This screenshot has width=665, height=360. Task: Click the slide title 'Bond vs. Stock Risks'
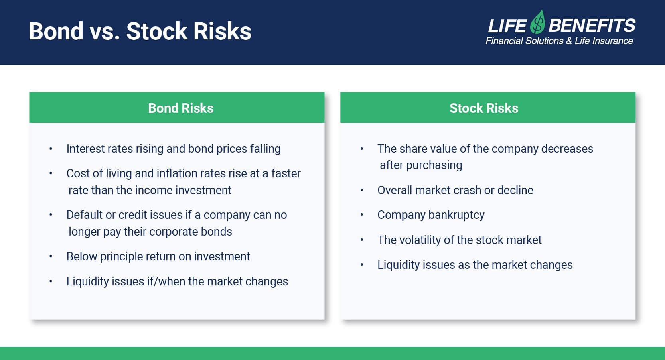tap(140, 31)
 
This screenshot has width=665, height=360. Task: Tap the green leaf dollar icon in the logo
tap(538, 22)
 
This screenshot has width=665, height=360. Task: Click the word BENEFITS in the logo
tap(592, 26)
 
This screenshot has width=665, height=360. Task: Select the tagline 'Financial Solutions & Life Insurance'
tap(559, 41)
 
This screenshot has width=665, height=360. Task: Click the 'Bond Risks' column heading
tap(181, 108)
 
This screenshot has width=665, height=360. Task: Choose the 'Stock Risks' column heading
tap(484, 108)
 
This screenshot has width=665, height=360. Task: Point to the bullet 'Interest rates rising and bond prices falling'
tap(174, 149)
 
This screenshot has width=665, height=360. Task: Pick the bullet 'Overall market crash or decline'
tap(455, 190)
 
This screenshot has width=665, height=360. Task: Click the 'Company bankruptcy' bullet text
tap(431, 215)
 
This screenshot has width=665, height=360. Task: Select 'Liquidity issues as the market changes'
tap(475, 265)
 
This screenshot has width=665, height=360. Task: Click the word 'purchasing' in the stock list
tap(434, 165)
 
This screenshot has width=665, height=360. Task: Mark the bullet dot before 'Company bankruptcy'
tap(361, 214)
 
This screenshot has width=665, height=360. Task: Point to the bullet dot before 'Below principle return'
tap(51, 256)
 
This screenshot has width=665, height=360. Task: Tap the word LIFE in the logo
tap(507, 26)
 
